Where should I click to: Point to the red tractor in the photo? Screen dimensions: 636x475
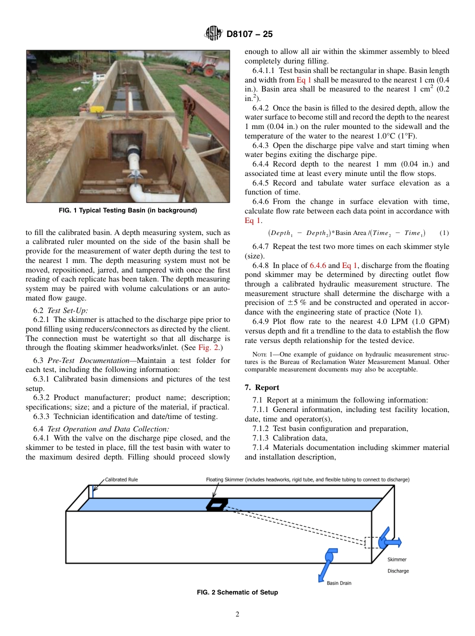coord(204,65)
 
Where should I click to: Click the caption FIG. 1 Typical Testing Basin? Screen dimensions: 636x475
coord(127,210)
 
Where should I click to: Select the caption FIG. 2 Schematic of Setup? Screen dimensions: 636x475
coord(237,592)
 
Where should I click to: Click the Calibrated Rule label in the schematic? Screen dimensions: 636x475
coord(121,479)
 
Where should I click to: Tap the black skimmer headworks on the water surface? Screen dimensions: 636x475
coord(216,505)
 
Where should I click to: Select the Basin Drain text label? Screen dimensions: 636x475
coord(339,582)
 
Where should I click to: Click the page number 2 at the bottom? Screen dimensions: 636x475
coord(237,614)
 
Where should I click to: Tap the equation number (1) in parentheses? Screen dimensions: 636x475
coord(443,233)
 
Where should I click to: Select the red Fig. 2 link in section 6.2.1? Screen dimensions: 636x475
coord(207,347)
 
